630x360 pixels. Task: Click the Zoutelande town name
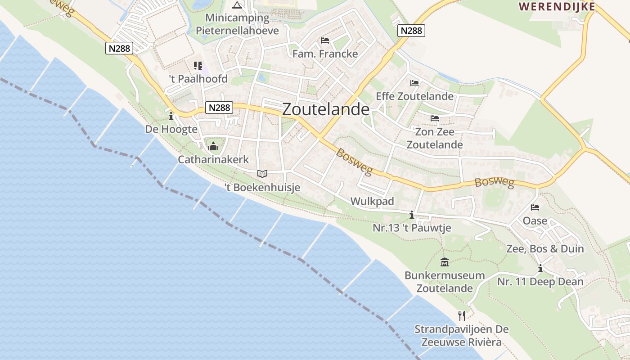point(326,109)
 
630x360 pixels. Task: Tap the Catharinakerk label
point(213,160)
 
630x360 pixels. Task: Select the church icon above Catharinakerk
point(213,146)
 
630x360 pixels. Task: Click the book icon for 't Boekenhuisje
point(262,174)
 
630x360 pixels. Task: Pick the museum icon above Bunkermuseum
point(445,262)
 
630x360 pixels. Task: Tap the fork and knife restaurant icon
point(461,315)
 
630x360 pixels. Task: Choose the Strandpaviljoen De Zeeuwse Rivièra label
point(461,336)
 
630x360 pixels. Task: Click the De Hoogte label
point(171,129)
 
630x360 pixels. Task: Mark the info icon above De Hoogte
point(171,117)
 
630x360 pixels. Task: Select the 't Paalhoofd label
point(198,79)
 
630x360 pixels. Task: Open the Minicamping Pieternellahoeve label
point(237,24)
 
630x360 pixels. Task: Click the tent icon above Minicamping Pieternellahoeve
point(237,5)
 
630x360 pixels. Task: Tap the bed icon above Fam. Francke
point(325,40)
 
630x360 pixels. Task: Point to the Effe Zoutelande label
point(414,96)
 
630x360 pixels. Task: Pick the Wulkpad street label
point(372,201)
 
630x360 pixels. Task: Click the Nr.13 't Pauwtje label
point(412,228)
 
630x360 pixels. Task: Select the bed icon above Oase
point(535,207)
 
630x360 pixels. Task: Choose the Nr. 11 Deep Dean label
point(540,282)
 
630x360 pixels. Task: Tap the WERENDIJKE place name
point(557,7)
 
